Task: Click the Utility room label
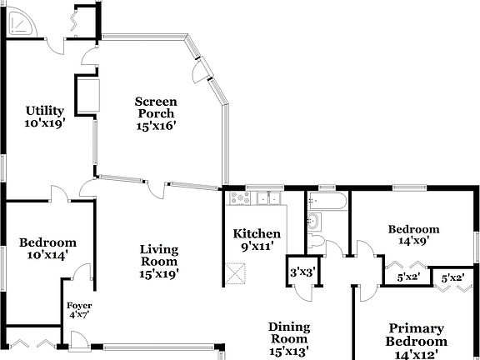click(46, 110)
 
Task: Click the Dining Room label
click(288, 327)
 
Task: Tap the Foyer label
click(79, 306)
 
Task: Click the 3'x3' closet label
click(301, 272)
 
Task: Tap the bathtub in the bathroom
click(327, 200)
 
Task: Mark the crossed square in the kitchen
click(237, 272)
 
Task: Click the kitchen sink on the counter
click(267, 198)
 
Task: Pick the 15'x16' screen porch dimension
click(157, 126)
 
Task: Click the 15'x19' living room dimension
click(159, 272)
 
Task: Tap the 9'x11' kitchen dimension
click(257, 246)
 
